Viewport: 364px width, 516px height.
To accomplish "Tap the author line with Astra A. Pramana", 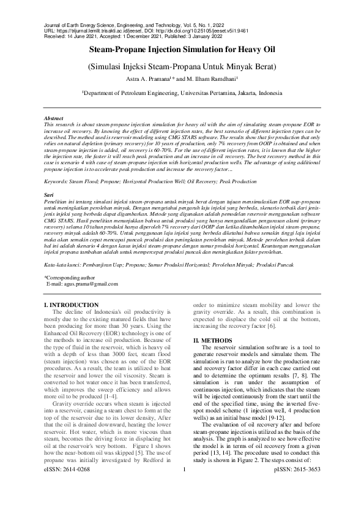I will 182,79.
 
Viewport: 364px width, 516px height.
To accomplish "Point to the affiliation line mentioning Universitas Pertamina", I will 182,93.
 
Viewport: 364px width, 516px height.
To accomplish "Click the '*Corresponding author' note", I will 72,278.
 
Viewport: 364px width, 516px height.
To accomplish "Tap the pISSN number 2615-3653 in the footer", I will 297,504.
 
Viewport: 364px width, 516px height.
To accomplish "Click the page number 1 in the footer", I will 184,504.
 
